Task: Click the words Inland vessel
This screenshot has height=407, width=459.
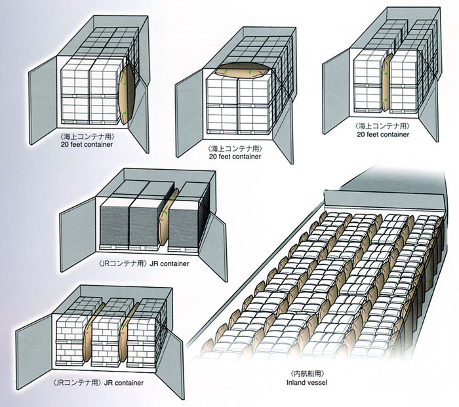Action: click(x=307, y=382)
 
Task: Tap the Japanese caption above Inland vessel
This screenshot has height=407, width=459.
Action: click(x=307, y=374)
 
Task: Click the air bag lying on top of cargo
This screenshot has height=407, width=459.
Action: click(x=242, y=71)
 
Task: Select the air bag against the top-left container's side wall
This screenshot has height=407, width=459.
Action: click(x=127, y=94)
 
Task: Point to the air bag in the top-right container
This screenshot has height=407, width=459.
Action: click(x=386, y=83)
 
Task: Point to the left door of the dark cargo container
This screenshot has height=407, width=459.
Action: click(x=78, y=234)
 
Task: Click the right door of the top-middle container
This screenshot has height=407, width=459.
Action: click(x=283, y=132)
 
